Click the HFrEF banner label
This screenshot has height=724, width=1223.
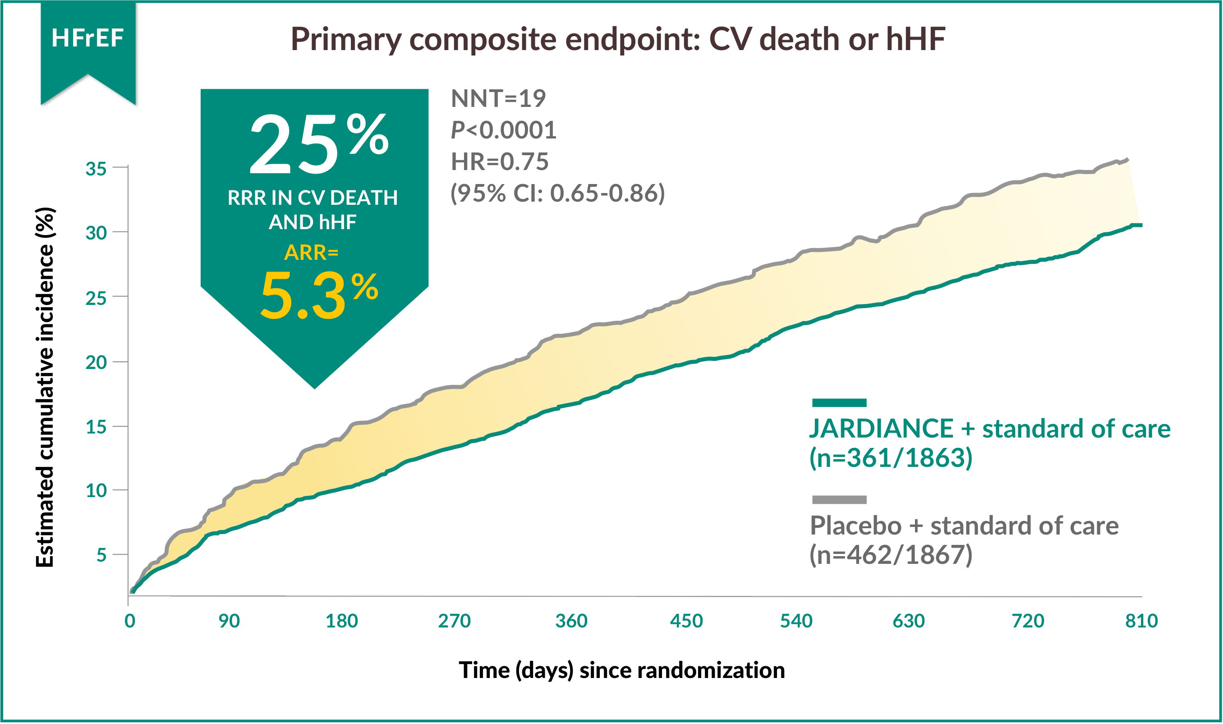[87, 38]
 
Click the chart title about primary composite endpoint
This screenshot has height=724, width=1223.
[618, 39]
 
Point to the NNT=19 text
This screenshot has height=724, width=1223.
[498, 98]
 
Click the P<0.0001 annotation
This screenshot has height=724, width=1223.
[503, 130]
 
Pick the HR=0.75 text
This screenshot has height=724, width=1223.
[499, 161]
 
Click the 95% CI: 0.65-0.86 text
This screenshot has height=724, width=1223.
[557, 193]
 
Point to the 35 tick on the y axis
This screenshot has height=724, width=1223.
[96, 169]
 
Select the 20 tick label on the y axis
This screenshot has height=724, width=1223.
[96, 363]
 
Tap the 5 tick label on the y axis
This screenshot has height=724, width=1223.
[101, 555]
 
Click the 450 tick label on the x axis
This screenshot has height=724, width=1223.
[686, 621]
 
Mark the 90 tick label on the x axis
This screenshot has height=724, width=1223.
[229, 621]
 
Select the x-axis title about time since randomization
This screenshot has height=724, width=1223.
[622, 670]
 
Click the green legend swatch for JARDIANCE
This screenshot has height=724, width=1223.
[839, 402]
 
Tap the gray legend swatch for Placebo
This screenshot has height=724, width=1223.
[839, 499]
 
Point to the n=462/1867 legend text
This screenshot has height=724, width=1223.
[891, 555]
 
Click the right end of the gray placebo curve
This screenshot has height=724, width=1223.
[1126, 160]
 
